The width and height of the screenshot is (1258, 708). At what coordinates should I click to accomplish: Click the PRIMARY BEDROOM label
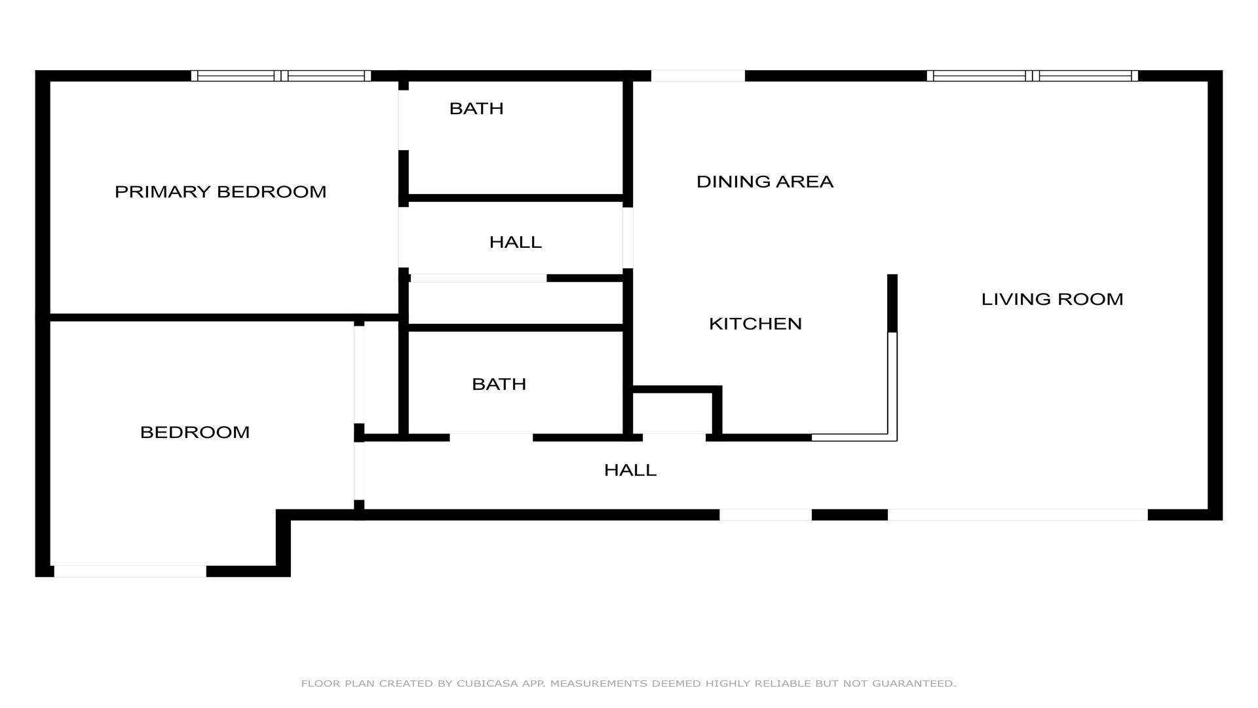click(220, 191)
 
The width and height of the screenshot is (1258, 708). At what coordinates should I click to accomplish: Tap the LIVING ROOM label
click(1052, 299)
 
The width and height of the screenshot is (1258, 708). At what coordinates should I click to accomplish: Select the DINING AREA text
click(765, 182)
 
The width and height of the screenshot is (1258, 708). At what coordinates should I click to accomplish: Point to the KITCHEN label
click(755, 323)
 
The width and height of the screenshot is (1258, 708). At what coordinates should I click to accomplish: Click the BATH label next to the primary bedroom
click(476, 108)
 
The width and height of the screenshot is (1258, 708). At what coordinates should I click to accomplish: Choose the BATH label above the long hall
click(499, 383)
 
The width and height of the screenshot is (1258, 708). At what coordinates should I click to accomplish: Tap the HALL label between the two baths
click(516, 242)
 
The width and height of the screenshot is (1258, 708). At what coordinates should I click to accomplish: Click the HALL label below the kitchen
click(630, 470)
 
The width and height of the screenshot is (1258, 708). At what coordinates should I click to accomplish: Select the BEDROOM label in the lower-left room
click(195, 432)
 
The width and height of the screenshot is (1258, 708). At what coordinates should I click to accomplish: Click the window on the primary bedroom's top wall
click(281, 75)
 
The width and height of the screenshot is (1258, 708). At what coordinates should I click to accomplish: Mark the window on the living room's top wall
click(1032, 75)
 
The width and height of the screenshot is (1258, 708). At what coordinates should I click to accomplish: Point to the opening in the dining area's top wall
click(698, 75)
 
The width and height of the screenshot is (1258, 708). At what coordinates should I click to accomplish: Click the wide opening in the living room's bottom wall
click(1018, 515)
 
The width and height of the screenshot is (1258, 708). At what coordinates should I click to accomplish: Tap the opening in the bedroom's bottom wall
click(130, 571)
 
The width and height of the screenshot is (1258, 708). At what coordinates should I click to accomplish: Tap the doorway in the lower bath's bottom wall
click(491, 437)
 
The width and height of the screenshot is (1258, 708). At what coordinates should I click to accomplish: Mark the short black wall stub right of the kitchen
click(892, 303)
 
